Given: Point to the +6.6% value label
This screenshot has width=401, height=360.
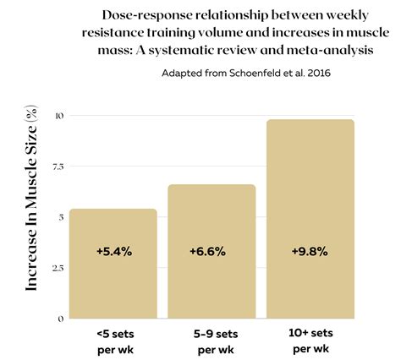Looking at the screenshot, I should tap(211, 252).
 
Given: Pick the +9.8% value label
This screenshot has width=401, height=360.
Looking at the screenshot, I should tap(310, 252).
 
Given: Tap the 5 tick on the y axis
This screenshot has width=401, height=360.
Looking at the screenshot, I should tap(60, 217).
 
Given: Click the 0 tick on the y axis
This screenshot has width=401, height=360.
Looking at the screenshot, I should tap(60, 319).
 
